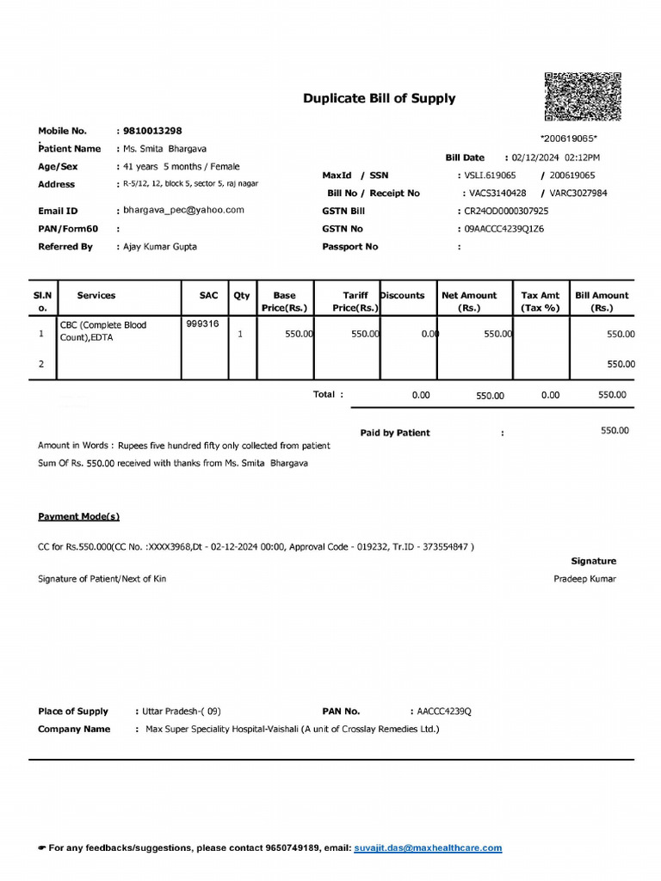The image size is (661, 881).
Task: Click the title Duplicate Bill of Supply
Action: pos(379,98)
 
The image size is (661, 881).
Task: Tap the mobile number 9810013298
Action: pos(152,131)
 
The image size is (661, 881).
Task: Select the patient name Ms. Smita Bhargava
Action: pos(165,149)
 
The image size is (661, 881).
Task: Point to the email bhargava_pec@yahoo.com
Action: pos(183,210)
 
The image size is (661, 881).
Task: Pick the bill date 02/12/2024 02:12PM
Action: pos(555,157)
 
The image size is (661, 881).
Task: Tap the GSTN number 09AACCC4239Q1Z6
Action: pos(504,229)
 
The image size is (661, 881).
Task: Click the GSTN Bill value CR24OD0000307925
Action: pos(506,211)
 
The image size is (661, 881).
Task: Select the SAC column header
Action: pos(208,295)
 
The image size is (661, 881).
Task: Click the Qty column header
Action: pos(241,295)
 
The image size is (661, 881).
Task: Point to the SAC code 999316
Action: pos(201,324)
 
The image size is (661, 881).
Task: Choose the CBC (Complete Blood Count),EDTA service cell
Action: pos(103,331)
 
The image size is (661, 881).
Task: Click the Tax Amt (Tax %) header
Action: pos(540,301)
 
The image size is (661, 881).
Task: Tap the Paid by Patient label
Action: pos(395,433)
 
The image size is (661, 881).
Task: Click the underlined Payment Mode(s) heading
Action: pos(78,516)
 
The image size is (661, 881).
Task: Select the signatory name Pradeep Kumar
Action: pos(584,579)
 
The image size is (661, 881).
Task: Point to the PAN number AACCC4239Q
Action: pos(444,712)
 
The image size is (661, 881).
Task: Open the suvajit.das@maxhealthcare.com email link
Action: pos(428,848)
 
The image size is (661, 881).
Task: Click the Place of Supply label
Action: pos(73,712)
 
